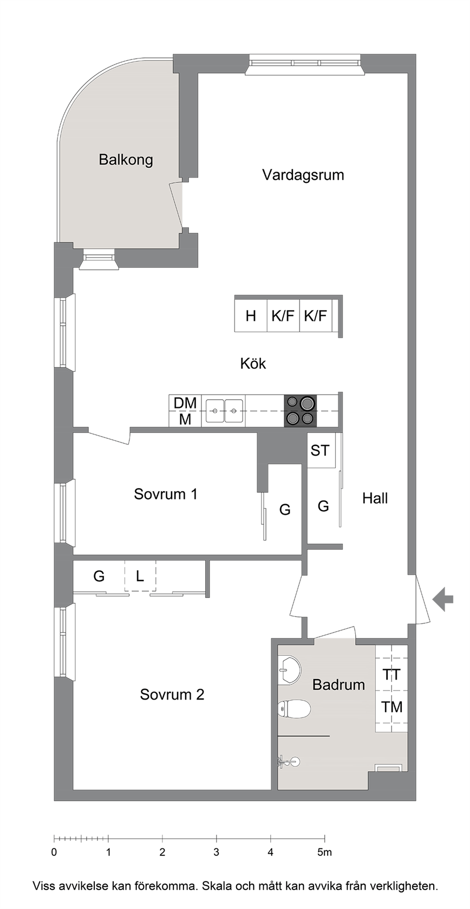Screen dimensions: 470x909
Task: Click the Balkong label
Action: point(126,160)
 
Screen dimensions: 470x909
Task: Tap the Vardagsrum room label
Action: point(303,175)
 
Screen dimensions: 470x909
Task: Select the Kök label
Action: point(253,363)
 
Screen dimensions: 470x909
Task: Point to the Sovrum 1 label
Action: point(166,494)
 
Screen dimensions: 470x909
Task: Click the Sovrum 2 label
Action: point(172,694)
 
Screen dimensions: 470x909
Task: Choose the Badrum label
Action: point(338,684)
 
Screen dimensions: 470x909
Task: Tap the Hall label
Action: point(375,498)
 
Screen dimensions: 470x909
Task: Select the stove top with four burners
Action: point(300,411)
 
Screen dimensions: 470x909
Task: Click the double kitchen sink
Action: point(224,411)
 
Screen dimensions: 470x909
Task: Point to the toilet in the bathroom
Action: point(294,709)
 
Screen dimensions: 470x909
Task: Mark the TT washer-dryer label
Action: point(391,674)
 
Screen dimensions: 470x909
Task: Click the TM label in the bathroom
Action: point(391,707)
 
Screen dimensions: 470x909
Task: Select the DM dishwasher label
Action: point(185,403)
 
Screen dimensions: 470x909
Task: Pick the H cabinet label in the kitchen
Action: point(251,316)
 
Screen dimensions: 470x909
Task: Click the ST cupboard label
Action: point(319,450)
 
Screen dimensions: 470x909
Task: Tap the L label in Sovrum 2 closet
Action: point(140,576)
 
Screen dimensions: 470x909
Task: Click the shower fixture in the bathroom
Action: point(290,761)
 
